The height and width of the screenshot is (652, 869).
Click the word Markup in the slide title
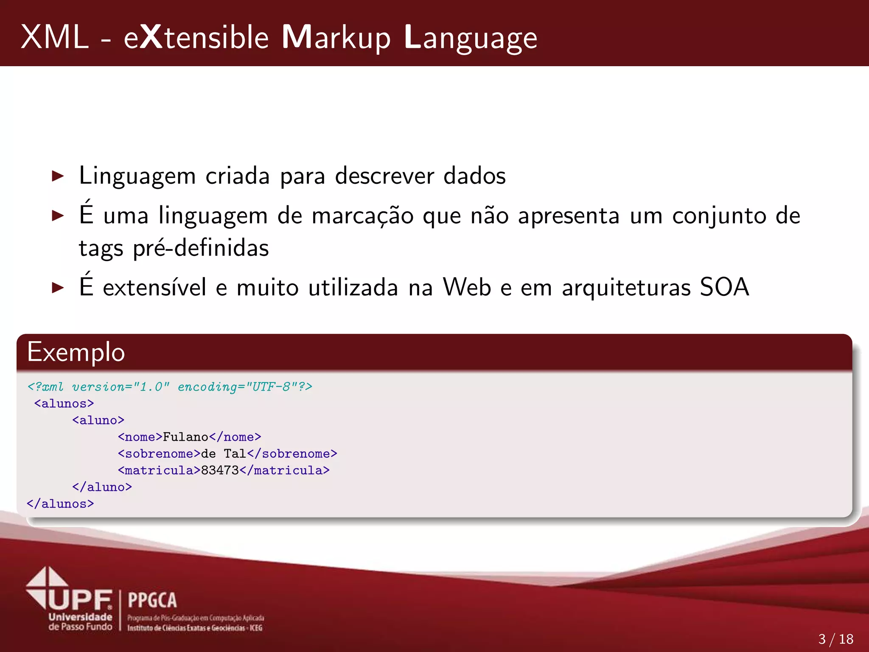[x=336, y=38]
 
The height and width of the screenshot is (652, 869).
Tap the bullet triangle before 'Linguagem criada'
[x=57, y=176]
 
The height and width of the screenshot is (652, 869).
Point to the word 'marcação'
[x=362, y=216]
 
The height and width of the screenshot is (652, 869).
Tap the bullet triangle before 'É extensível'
[x=57, y=288]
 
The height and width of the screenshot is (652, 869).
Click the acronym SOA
[x=724, y=287]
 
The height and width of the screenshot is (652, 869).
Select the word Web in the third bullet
[x=467, y=287]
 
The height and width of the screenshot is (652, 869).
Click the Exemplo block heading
[x=76, y=352]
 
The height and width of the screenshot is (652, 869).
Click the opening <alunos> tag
[x=64, y=403]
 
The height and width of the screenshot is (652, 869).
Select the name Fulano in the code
[x=185, y=437]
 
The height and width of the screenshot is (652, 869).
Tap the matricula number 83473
[x=220, y=470]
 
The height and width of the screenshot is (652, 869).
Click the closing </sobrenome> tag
[x=292, y=454]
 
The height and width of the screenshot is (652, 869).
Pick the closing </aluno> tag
[x=102, y=487]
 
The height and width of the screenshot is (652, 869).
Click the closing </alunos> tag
[x=60, y=504]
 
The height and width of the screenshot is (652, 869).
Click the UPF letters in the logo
[x=81, y=599]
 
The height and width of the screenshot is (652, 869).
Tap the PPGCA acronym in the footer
[x=152, y=600]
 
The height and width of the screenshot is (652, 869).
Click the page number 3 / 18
[x=835, y=639]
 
